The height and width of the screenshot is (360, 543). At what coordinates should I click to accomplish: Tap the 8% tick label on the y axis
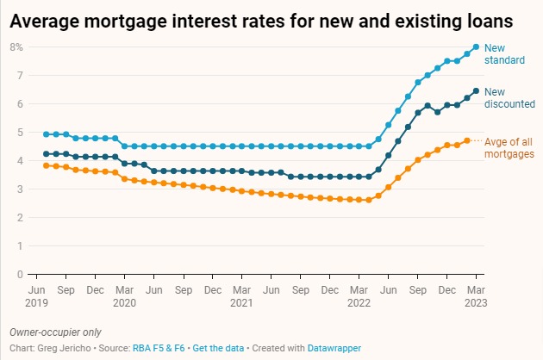point(16,47)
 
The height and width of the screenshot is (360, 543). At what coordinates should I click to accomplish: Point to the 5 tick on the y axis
point(19,132)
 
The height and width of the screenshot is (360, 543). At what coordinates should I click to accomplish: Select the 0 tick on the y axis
point(19,274)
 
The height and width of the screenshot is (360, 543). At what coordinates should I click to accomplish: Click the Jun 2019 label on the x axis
point(38,297)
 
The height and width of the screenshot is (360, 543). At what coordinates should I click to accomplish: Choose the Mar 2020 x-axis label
point(124,297)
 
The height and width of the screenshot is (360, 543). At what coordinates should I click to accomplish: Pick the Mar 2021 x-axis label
point(241,297)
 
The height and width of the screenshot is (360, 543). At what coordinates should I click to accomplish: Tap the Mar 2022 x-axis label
point(359,297)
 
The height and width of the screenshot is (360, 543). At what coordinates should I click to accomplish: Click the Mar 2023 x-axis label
point(476,297)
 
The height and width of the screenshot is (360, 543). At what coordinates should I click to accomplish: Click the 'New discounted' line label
point(509,97)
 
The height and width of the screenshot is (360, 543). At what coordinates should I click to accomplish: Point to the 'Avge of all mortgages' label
point(509,147)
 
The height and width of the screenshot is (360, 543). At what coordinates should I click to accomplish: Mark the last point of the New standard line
point(476,47)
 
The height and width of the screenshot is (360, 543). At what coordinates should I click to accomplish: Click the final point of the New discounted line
point(476,90)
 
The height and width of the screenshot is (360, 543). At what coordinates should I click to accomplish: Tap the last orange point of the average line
point(466,140)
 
